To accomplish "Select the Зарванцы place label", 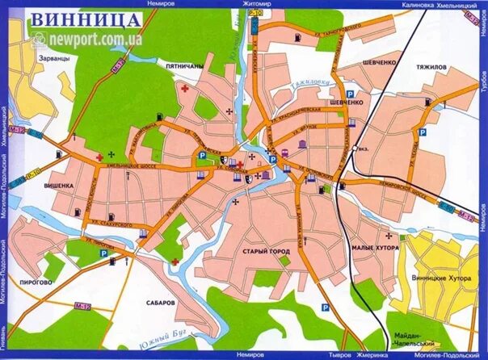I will (x=52, y=60).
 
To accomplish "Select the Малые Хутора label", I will (x=375, y=249).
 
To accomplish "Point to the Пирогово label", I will (x=37, y=283).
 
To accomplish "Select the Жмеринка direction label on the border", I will (x=371, y=354).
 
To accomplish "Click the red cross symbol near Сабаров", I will (x=175, y=262).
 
